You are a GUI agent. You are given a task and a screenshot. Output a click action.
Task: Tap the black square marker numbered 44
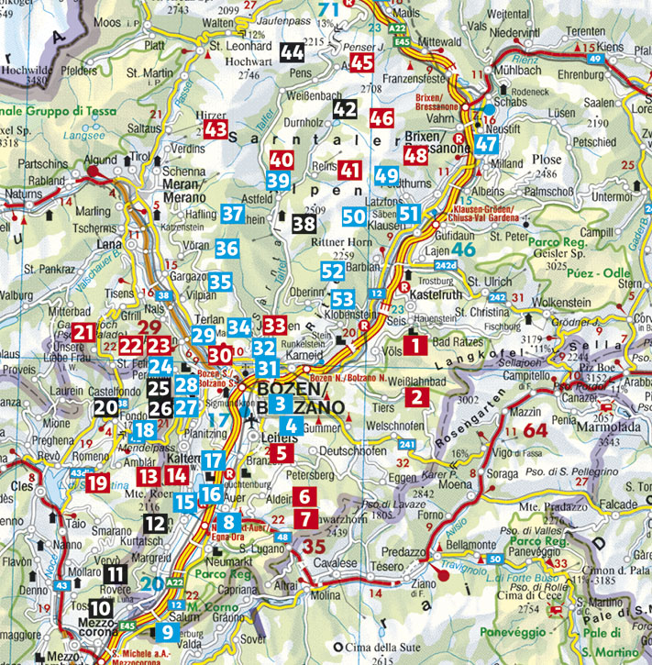pos(293,52)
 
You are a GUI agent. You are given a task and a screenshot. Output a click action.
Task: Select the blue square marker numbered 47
pos(487,143)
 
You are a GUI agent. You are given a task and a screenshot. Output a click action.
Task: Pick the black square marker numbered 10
pos(101,607)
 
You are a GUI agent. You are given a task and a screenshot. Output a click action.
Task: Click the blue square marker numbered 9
pos(166,631)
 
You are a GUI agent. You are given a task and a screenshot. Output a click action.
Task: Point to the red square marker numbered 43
pos(216,129)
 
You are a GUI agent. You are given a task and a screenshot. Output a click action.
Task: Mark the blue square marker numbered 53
pos(343,299)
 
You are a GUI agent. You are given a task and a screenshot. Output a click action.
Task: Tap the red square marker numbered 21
pos(84,332)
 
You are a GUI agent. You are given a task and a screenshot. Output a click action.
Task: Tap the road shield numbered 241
pos(406,446)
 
